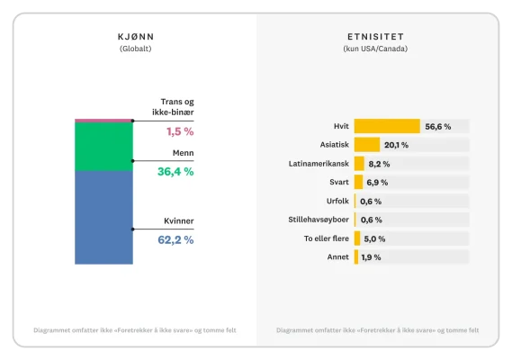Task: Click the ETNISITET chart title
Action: click(375, 36)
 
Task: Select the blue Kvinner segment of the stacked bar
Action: click(103, 217)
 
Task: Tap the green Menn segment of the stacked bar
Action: click(103, 147)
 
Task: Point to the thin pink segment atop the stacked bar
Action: click(103, 120)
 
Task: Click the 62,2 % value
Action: click(175, 240)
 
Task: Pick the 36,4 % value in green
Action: click(175, 171)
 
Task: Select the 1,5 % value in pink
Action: click(180, 131)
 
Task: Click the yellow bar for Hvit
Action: click(387, 126)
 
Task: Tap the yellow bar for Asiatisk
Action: click(366, 145)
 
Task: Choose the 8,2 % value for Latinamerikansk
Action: click(379, 164)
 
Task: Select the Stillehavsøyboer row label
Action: click(319, 220)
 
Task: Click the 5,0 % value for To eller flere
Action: click(374, 238)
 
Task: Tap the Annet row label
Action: click(337, 257)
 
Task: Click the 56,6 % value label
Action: click(438, 126)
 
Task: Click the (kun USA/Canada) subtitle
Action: click(375, 49)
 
